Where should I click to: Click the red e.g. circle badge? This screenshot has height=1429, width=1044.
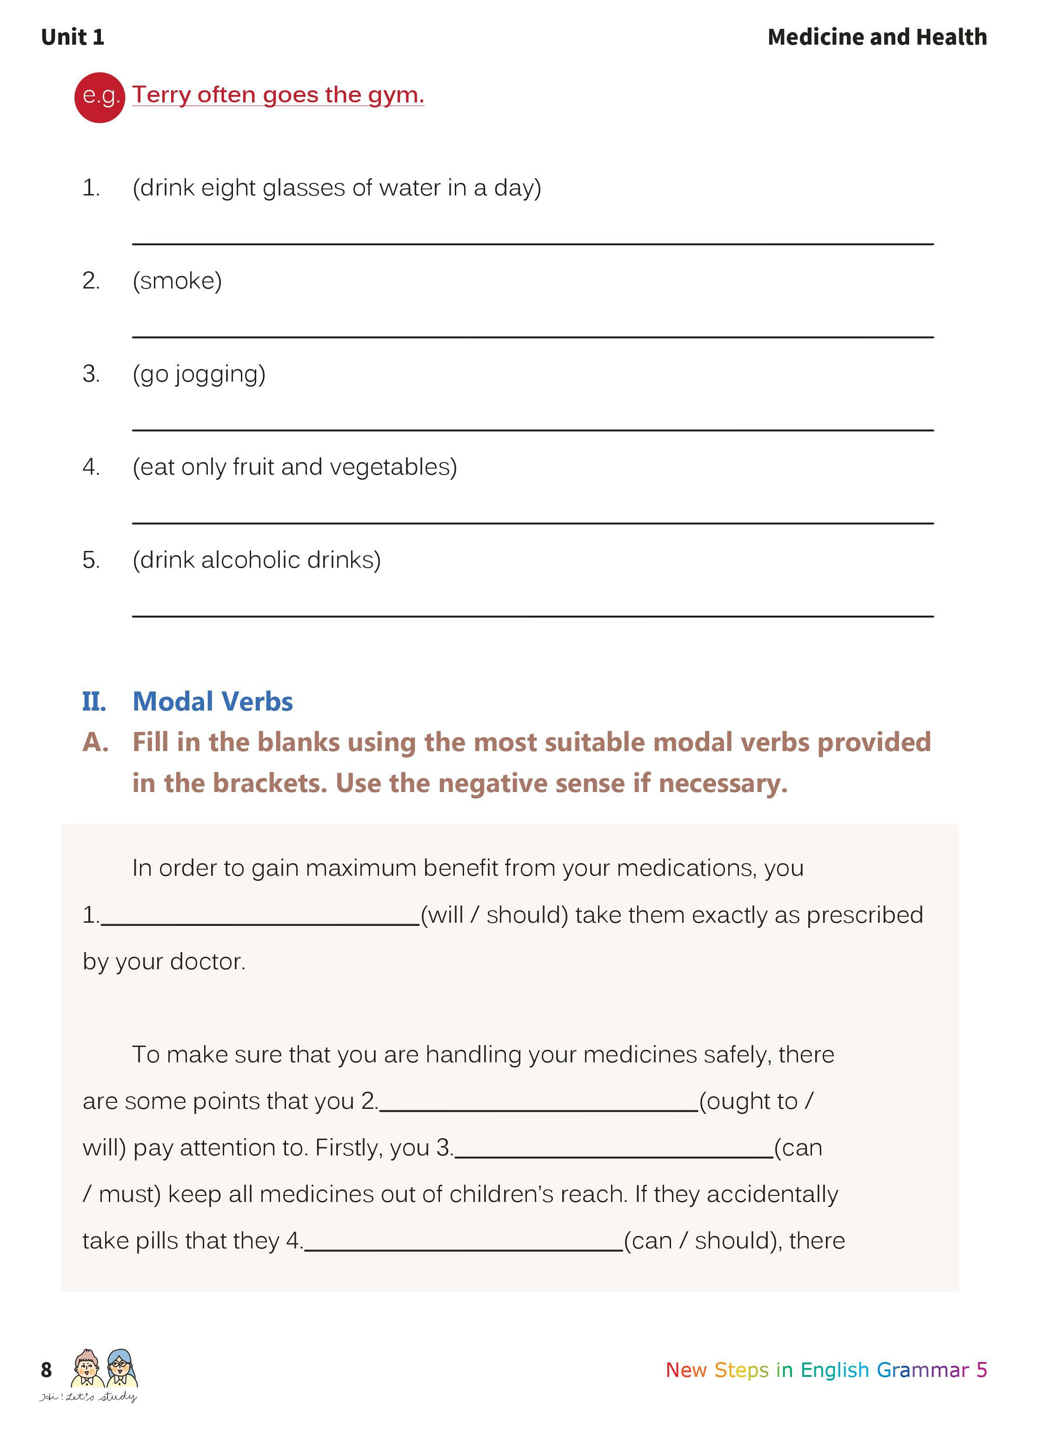point(99,97)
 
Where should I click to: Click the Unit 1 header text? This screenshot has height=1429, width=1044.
point(73,37)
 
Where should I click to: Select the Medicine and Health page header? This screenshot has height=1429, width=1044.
point(877,37)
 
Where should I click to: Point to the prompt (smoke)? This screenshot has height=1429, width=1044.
point(177,281)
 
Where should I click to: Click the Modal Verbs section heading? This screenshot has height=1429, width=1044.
point(213,701)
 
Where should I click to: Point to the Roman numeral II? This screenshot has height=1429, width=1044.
point(93,701)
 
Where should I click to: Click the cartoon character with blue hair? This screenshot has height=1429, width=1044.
point(120,1368)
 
